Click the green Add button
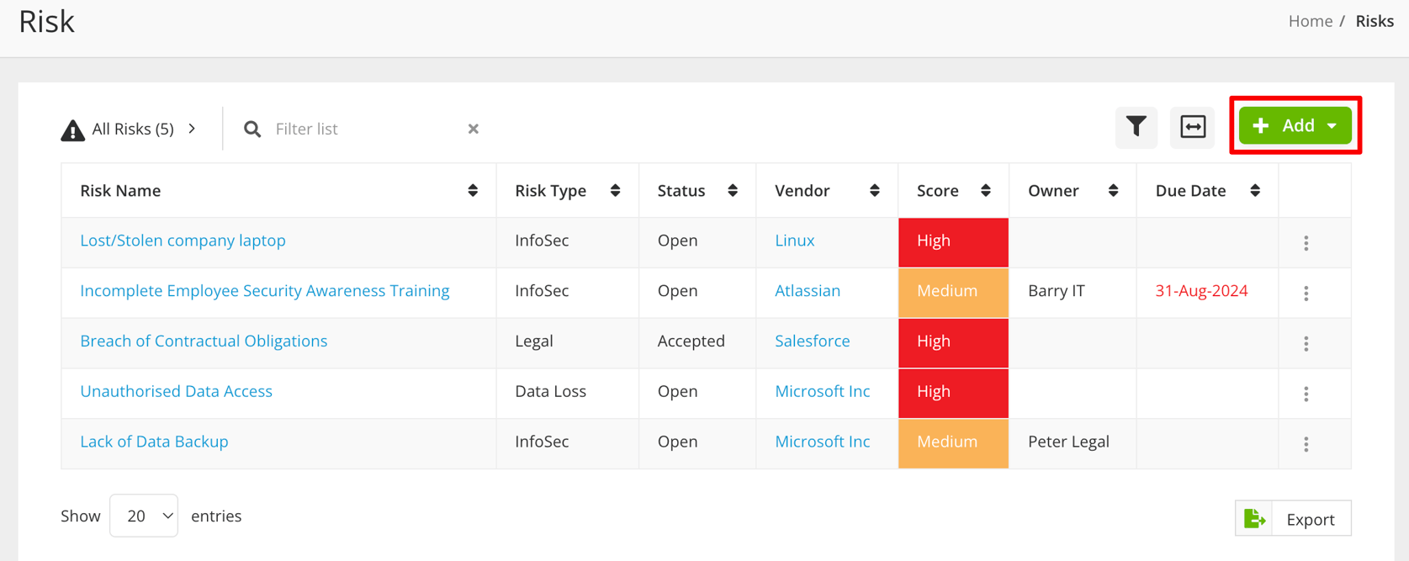[1295, 126]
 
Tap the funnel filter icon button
[1136, 127]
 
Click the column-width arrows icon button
[1192, 127]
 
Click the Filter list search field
[366, 129]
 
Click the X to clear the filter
[474, 129]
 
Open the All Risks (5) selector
[130, 130]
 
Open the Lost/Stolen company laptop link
[183, 241]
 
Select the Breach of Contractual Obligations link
[204, 341]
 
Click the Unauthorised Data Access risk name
[176, 392]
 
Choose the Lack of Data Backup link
[154, 442]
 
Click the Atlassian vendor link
[807, 291]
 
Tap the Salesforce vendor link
[812, 341]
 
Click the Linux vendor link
[794, 241]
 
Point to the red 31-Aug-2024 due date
[1200, 291]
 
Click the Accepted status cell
[691, 341]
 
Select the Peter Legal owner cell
[1068, 442]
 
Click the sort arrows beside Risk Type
[615, 191]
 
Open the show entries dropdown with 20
[144, 516]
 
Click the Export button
[1293, 519]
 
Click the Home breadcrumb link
[1310, 21]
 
